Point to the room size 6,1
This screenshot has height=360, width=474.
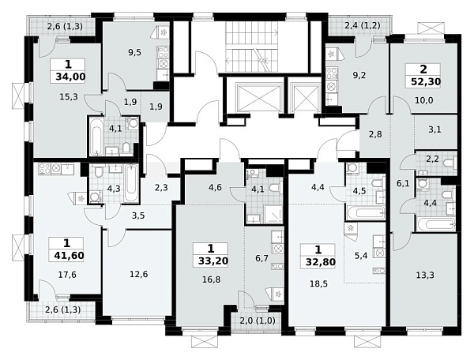404,182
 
